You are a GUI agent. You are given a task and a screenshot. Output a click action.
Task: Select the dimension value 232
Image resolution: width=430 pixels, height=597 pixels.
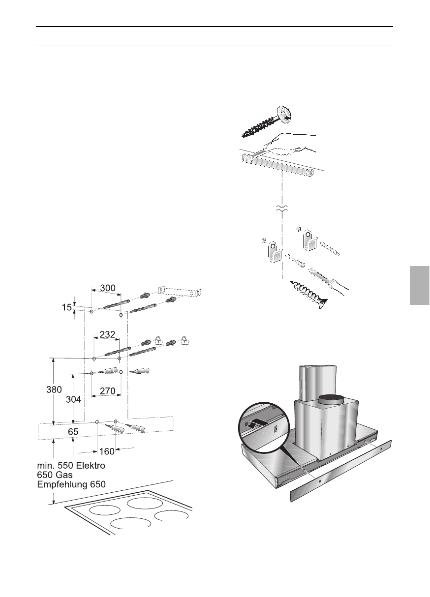pos(107,334)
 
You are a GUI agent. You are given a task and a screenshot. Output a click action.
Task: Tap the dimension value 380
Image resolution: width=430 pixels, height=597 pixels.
pos(54,389)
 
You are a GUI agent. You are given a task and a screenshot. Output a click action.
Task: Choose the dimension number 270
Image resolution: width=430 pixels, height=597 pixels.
pos(107,392)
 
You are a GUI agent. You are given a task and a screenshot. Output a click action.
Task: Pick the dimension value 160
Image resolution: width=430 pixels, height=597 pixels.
pos(106,451)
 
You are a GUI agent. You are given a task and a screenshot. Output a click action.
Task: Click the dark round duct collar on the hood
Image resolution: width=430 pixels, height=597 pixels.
pos(330,399)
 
